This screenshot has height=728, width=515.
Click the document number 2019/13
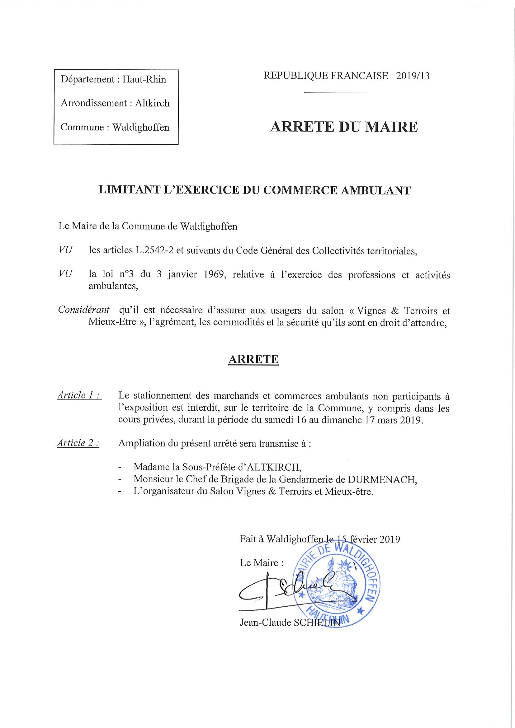413,76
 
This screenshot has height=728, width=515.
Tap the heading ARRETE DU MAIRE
344,127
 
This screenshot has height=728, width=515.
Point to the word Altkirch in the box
152,103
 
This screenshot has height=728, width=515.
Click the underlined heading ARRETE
253,359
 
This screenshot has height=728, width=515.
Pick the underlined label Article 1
79,395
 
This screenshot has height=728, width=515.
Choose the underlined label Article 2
78,443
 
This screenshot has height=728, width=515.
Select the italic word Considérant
84,310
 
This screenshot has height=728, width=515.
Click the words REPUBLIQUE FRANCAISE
326,76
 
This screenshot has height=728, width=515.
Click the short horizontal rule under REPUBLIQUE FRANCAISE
335,93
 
